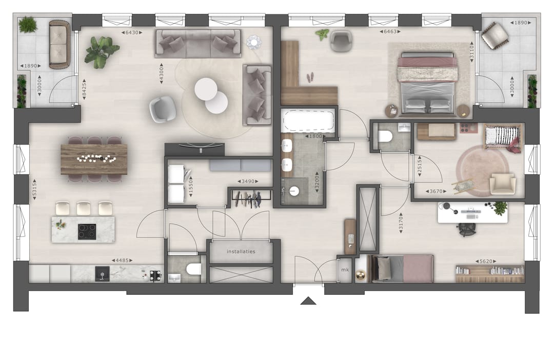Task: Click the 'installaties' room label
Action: tap(241, 252)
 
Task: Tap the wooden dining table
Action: tap(94, 159)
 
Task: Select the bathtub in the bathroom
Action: tap(308, 123)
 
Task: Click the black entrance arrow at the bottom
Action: tap(308, 301)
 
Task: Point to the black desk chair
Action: tap(466, 229)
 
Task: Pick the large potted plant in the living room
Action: tap(102, 51)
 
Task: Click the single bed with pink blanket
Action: tap(403, 268)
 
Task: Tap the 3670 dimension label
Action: tap(436, 191)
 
